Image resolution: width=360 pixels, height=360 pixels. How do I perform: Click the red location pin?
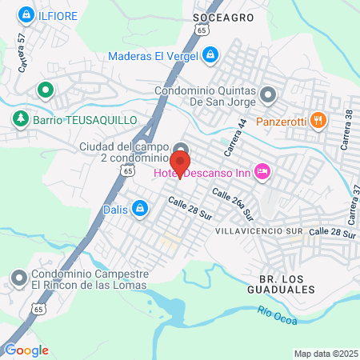pos(179,162)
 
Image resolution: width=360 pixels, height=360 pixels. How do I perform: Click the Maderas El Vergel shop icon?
pos(210,55)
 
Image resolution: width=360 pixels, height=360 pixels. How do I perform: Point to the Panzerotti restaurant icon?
pos(318,121)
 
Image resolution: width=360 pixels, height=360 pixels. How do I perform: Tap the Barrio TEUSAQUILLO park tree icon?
pos(19,119)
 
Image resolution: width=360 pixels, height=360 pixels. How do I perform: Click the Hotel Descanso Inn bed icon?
pos(262,170)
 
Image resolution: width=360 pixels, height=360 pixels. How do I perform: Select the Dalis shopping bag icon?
pos(140,209)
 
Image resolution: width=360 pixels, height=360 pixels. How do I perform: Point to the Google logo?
pos(26,350)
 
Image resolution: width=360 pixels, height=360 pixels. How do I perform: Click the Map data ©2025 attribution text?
pos(324,354)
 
